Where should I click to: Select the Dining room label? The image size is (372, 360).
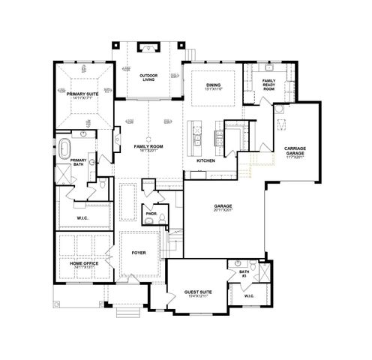214,85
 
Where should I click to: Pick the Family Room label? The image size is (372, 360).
147,146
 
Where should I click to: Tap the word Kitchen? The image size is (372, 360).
206,161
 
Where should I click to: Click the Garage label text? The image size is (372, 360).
221,205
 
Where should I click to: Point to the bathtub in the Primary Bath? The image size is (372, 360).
65,144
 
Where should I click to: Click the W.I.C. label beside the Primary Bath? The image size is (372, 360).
82,218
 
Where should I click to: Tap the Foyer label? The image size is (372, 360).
139,253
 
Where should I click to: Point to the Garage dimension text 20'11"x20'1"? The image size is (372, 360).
221,211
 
